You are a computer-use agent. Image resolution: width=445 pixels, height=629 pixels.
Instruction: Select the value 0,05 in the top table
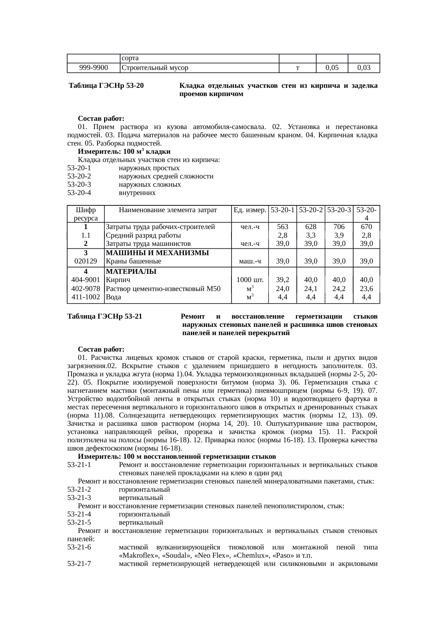pos(332,67)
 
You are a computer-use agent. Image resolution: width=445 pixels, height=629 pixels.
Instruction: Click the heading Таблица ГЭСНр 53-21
pos(105,317)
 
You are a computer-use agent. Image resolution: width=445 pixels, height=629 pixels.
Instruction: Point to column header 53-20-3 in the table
pos(339,210)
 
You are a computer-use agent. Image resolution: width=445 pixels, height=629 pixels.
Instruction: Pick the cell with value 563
pos(283,227)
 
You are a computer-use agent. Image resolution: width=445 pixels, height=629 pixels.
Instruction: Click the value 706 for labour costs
pos(339,227)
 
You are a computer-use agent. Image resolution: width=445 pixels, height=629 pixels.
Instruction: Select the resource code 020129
pos(85,261)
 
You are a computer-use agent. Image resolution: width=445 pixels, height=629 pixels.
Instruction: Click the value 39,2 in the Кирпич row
pos(283,280)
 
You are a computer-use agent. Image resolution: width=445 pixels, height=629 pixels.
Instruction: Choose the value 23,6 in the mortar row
pos(366,289)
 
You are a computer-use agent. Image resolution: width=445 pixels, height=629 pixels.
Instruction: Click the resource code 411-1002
pos(85,297)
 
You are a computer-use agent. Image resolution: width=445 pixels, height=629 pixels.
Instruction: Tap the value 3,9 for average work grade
pos(339,235)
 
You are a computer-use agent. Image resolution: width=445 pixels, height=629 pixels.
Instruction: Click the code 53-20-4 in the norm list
pos(79,193)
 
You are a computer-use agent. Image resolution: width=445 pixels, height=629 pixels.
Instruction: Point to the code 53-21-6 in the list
pos(79,548)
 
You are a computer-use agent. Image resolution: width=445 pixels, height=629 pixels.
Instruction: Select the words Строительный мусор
pos(155,67)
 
